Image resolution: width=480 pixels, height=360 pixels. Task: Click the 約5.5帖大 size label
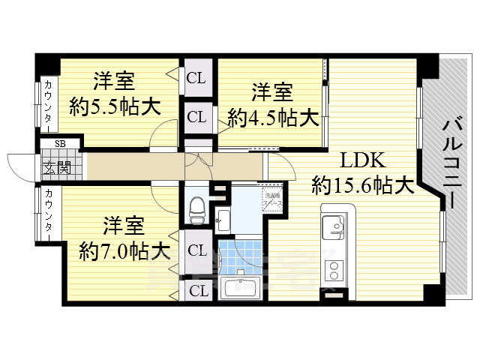[x=115, y=106]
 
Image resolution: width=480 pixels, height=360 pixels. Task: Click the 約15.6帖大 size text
[x=363, y=184]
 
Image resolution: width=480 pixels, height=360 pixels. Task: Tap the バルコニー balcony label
[x=451, y=161]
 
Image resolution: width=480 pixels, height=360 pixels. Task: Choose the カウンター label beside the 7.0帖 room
[x=48, y=215]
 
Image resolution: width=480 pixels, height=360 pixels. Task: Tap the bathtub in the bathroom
[x=240, y=287]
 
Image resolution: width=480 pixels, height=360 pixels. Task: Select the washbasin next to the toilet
[x=223, y=218]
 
